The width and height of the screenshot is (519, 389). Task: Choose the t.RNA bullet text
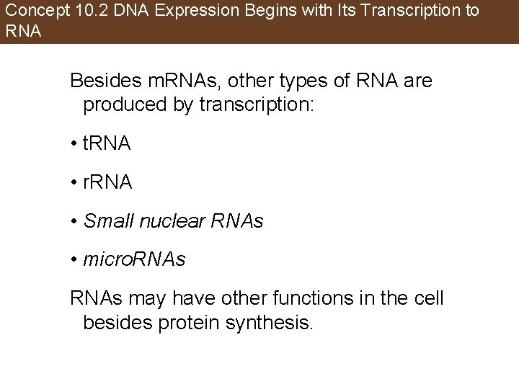[107, 143]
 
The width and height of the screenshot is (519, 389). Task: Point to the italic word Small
[104, 220]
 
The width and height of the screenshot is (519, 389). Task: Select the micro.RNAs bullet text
[135, 259]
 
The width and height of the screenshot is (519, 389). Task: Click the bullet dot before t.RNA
[74, 144]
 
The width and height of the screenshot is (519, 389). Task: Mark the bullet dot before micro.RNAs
[74, 260]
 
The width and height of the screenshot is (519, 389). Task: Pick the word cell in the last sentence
[430, 298]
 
